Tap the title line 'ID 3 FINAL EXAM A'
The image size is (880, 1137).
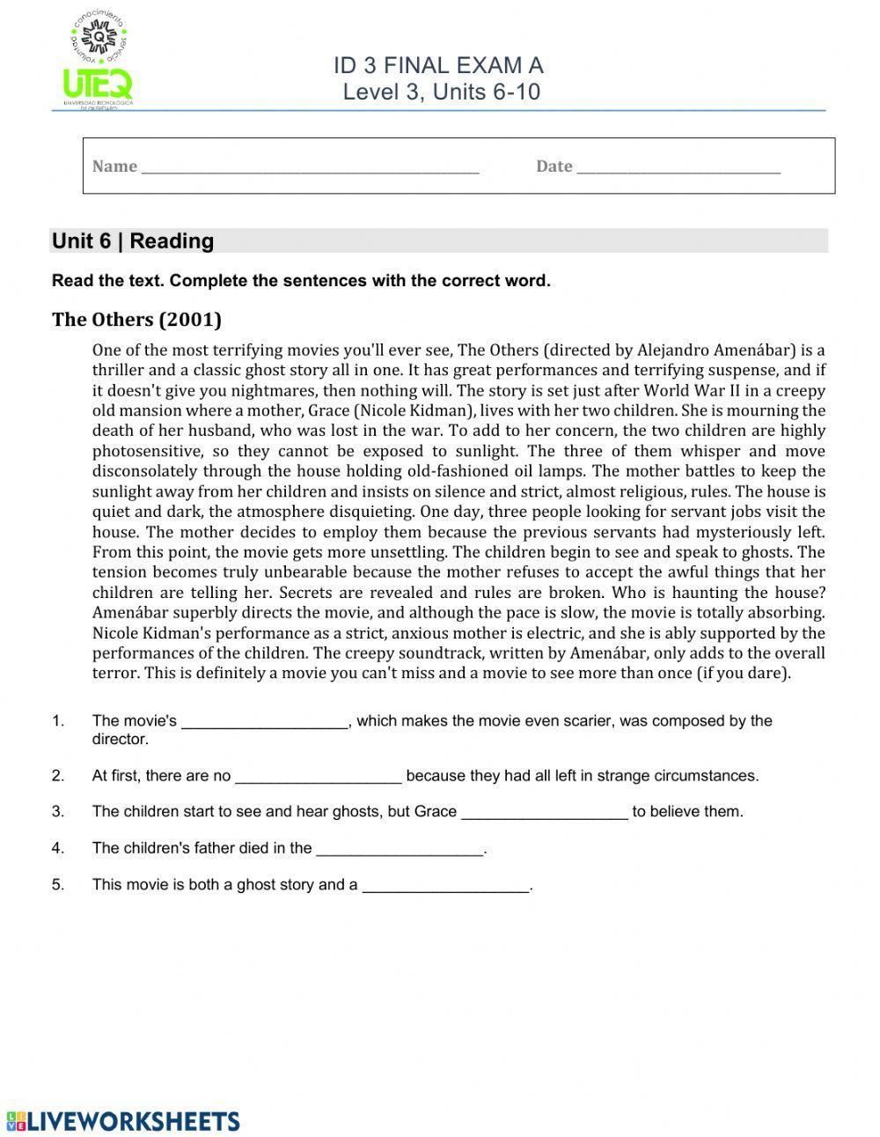click(438, 65)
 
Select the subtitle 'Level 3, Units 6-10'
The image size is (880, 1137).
click(441, 92)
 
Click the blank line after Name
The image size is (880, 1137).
click(310, 167)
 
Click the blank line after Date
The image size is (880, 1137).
click(678, 167)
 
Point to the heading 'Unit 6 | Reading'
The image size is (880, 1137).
click(133, 241)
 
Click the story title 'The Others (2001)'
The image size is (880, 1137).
click(136, 319)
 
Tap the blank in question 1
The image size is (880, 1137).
click(265, 722)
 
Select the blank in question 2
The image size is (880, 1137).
click(319, 777)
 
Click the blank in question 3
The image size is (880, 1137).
click(545, 813)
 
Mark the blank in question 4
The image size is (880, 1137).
click(400, 849)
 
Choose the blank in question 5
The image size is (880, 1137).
click(446, 885)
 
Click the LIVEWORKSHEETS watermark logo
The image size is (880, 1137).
click(123, 1120)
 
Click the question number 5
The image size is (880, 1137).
click(58, 884)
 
